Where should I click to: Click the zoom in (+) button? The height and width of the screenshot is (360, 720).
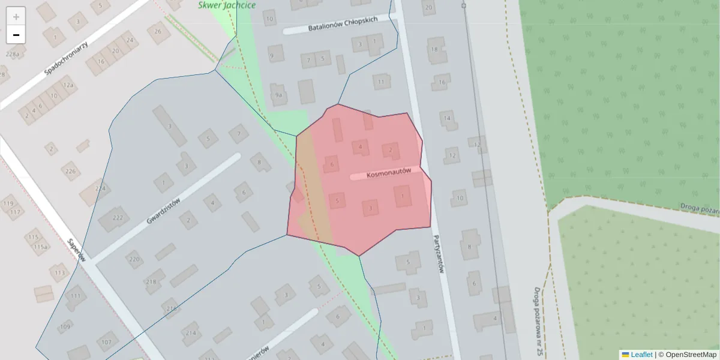pos(16,17)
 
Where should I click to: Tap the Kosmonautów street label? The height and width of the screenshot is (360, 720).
pos(388,172)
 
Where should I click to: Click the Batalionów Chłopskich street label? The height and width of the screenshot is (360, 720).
pos(343,24)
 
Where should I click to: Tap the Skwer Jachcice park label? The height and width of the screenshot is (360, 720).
pos(227,5)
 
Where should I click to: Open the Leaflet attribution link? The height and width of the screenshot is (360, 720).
pos(641,355)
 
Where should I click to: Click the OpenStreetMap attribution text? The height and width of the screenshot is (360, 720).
pos(691,355)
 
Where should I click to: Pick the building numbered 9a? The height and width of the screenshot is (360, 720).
pos(278,95)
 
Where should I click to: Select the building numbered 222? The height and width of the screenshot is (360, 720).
pos(117,218)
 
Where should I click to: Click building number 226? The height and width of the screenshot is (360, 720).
pos(71,172)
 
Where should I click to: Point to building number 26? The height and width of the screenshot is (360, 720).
pos(158,32)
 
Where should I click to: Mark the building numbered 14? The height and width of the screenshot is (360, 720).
pos(447,118)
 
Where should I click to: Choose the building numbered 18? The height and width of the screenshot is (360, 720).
pos(434,49)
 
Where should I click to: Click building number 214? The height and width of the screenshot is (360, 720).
pos(191,333)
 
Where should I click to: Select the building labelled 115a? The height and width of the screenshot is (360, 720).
pos(40,247)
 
